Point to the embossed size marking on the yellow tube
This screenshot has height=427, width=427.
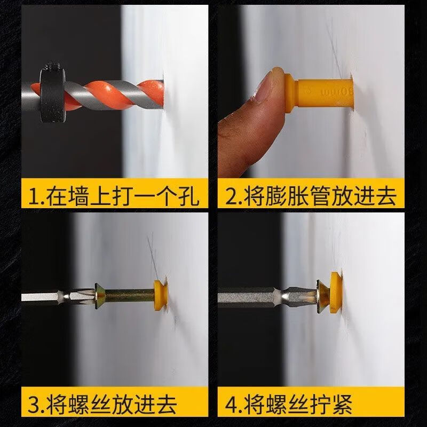pyautogui.click(x=336, y=92)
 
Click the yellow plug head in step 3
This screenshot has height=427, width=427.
pyautogui.click(x=161, y=295)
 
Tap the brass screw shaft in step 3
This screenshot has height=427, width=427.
pyautogui.click(x=129, y=295)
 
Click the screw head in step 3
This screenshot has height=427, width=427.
pyautogui.click(x=99, y=296)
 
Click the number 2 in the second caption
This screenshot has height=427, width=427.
pyautogui.click(x=232, y=196)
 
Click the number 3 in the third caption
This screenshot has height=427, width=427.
pyautogui.click(x=34, y=405)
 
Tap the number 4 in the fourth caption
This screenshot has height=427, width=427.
pyautogui.click(x=232, y=405)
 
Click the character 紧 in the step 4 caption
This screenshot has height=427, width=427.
pyautogui.click(x=341, y=405)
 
